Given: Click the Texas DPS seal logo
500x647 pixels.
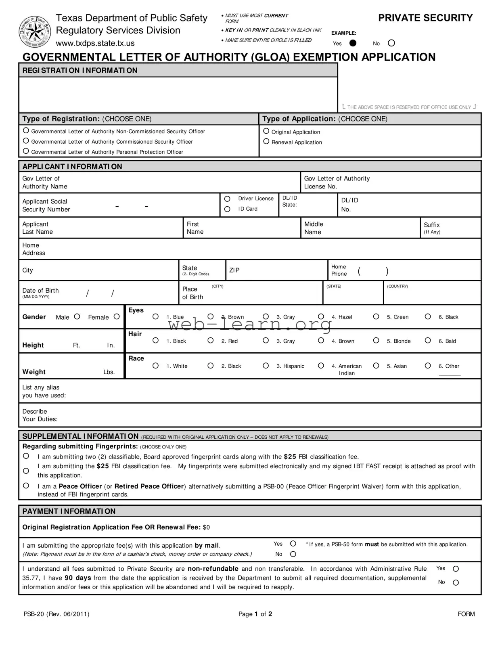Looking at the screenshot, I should (35, 32).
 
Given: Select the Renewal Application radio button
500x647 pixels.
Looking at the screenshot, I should (266, 141).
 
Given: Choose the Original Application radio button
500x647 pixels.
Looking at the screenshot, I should (266, 131).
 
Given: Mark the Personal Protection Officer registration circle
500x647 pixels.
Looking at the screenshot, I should (26, 151).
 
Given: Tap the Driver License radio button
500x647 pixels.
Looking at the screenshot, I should (227, 199).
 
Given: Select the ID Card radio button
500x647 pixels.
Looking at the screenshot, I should (227, 209).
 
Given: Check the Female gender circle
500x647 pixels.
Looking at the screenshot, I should (117, 317).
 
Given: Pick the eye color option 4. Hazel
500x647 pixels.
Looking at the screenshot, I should (321, 317).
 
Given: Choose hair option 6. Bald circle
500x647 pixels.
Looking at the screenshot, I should (428, 341).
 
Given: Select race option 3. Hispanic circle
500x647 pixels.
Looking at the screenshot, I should (266, 366).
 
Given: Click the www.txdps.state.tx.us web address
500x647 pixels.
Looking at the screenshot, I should (95, 43).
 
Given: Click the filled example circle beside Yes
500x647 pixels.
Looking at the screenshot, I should (353, 43).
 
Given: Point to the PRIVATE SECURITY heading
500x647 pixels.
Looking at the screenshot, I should (425, 18).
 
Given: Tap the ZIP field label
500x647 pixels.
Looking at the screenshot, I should (234, 270).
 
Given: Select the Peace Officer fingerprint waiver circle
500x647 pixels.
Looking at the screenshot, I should (26, 486).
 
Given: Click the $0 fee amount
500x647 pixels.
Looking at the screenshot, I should (206, 527).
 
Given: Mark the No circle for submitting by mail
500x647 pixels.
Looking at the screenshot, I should (293, 554).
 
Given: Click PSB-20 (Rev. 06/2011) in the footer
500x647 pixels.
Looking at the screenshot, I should (56, 614).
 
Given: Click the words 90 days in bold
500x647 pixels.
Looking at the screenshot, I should (77, 578).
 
